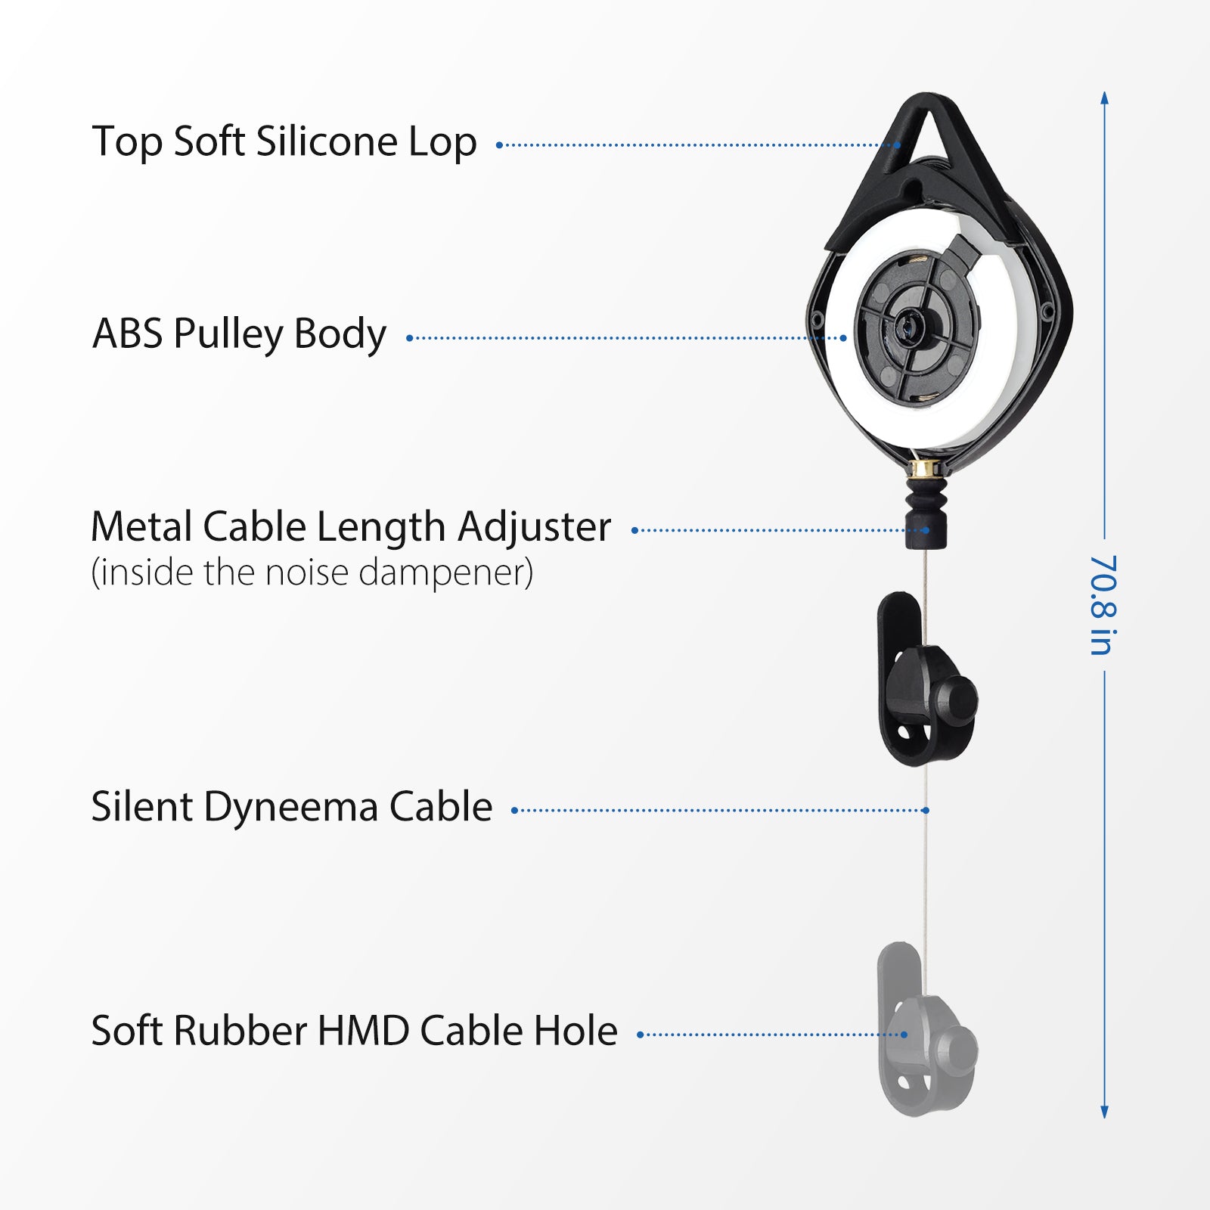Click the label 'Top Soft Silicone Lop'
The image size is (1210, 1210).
click(284, 142)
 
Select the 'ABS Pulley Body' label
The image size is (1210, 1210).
click(239, 334)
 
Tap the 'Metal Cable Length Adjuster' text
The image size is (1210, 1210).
click(351, 528)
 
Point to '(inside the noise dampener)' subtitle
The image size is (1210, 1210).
click(312, 572)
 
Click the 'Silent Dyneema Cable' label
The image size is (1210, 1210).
click(292, 807)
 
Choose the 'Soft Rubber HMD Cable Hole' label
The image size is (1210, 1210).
click(355, 1031)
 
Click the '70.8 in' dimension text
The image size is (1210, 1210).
click(1103, 605)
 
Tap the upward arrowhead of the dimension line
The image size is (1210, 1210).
click(1105, 98)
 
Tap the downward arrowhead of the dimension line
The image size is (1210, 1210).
click(1105, 1111)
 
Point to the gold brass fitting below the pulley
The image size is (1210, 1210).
click(924, 469)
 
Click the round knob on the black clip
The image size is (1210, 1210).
click(956, 700)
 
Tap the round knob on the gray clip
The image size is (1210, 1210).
click(956, 1050)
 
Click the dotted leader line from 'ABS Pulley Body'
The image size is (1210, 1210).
click(626, 338)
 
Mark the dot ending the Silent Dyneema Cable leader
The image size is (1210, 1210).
click(926, 810)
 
